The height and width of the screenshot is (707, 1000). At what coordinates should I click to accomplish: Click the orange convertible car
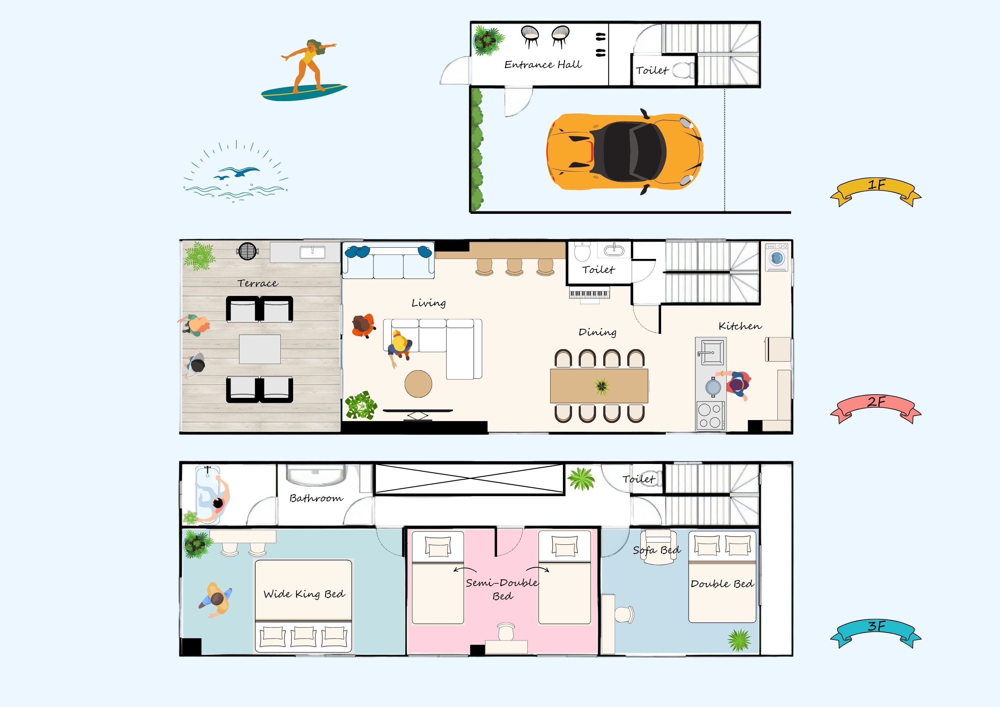point(625,152)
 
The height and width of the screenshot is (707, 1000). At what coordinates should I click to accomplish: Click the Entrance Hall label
point(543,65)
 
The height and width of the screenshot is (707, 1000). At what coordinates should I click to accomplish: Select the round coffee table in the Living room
point(418,384)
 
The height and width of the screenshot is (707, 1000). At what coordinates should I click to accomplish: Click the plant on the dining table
point(602,386)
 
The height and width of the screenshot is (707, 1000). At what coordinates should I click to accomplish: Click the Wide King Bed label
point(304,594)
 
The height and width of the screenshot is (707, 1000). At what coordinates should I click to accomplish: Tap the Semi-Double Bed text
point(502,589)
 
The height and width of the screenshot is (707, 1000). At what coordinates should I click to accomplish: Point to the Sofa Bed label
point(656,550)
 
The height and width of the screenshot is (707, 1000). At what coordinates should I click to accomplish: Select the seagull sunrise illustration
point(236,172)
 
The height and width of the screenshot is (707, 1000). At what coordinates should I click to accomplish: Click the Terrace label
point(257,284)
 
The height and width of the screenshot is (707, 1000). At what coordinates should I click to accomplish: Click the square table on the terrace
point(260,349)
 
